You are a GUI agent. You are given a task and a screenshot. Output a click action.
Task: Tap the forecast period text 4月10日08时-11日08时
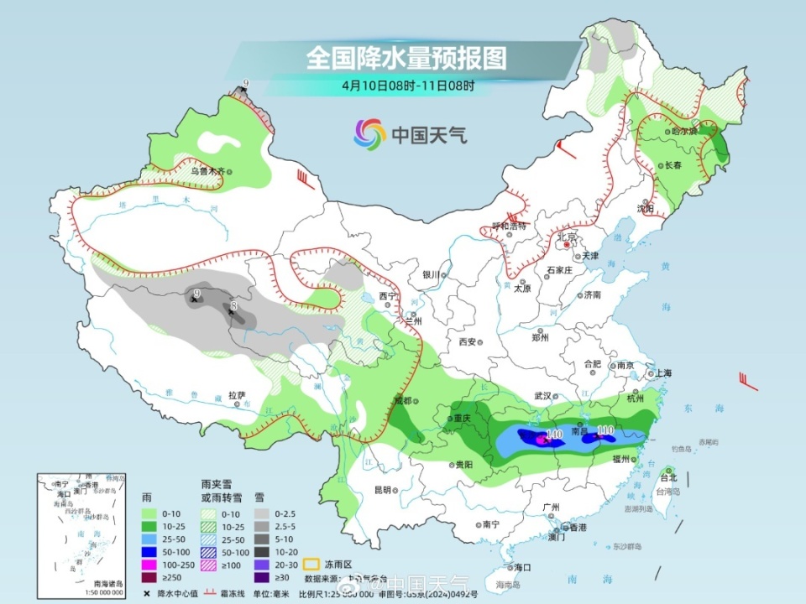tap(408, 85)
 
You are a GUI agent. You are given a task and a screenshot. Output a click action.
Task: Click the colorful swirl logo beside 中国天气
tap(369, 133)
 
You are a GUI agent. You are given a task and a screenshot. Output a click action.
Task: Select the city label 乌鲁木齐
tap(207, 171)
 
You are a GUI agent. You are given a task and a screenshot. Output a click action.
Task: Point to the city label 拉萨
tap(237, 394)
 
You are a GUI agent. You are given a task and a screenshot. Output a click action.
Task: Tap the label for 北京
tap(568, 237)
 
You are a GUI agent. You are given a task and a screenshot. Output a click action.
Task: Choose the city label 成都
tap(404, 400)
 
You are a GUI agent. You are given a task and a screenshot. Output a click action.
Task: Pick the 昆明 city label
tap(382, 489)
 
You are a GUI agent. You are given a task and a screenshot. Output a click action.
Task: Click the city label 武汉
tap(541, 395)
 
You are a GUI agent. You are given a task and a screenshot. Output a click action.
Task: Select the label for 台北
tap(667, 477)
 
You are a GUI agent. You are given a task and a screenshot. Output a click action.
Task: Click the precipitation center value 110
tap(604, 430)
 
